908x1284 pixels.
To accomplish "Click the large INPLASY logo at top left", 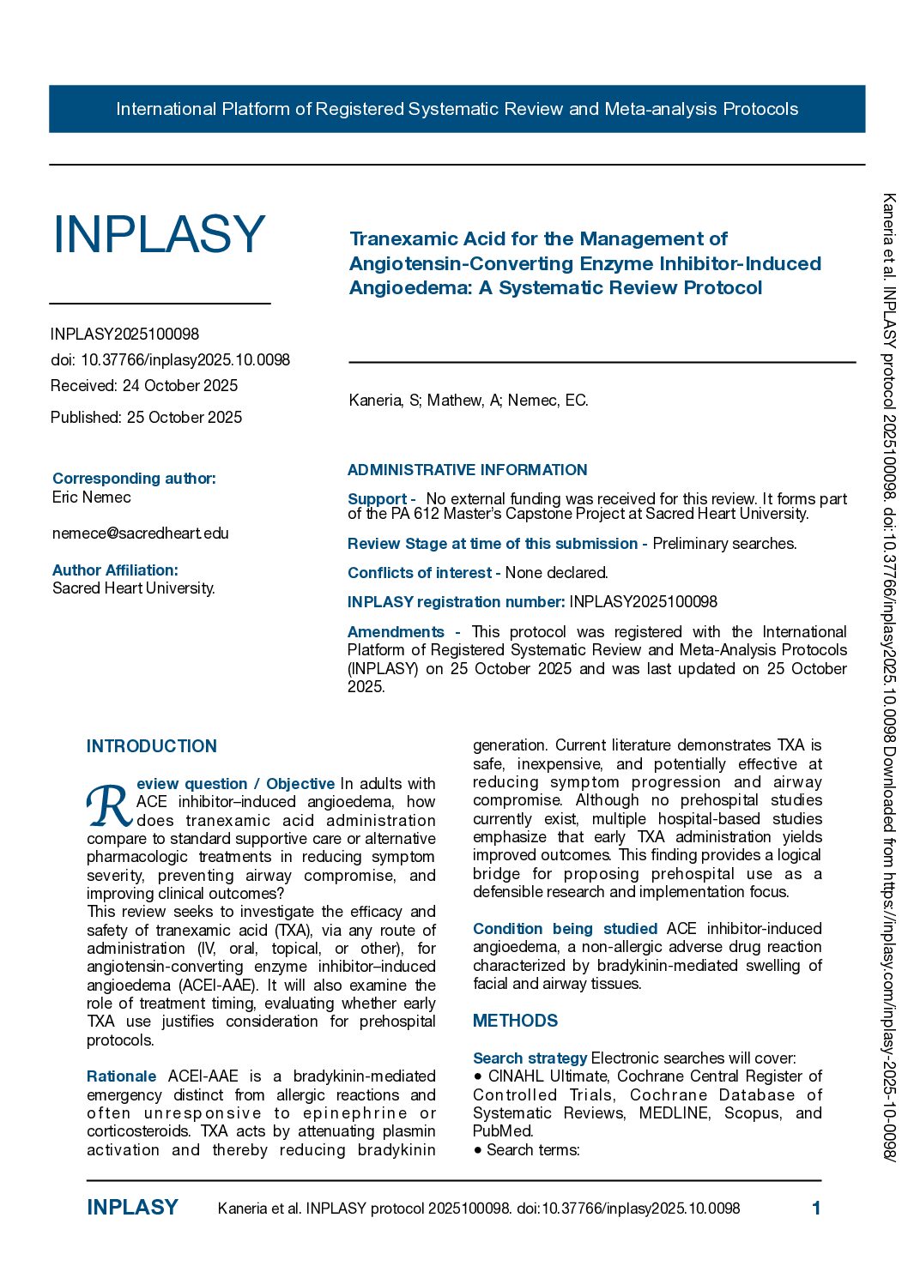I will (159, 234).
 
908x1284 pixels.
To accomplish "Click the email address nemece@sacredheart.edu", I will (141, 533).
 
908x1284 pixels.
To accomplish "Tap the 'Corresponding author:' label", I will (134, 479).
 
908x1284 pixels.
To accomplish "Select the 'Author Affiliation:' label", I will (115, 570).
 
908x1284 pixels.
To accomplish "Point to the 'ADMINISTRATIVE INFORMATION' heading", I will (467, 470).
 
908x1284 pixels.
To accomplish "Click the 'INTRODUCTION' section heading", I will (152, 746).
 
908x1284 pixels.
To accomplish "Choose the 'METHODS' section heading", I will (515, 1021).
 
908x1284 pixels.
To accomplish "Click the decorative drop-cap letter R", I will (109, 806).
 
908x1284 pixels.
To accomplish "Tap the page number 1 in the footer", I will (816, 1209).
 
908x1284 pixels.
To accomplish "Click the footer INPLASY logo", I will (132, 1208).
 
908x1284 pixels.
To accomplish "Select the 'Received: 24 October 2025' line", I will (144, 386).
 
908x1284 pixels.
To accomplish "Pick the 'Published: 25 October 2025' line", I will (146, 418).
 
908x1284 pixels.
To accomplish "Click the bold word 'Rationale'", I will (121, 1076).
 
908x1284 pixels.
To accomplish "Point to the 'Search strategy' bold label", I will (530, 1058).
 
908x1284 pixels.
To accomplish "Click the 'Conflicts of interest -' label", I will (423, 573).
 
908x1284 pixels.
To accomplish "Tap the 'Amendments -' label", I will (403, 632).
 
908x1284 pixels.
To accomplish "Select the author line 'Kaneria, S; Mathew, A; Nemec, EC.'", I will (469, 401).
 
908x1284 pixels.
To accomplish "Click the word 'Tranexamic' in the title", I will (400, 239).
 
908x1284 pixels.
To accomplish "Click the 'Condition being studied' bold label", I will (565, 929).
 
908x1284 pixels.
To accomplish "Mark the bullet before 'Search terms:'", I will (477, 1150).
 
